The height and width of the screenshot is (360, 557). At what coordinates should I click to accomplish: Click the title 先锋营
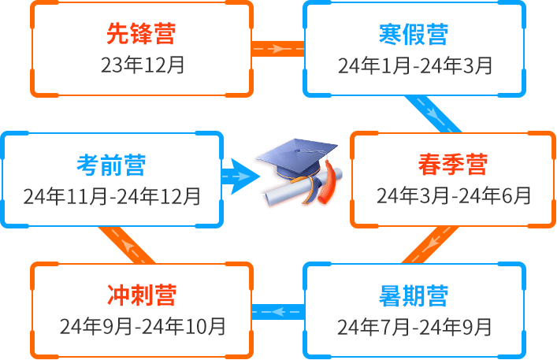[141, 34]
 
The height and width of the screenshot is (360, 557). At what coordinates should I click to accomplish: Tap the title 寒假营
[414, 35]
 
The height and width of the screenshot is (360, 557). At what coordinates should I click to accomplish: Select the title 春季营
[453, 165]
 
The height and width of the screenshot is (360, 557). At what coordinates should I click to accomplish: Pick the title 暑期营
[414, 295]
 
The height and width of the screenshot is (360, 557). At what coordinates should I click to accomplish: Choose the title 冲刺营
[142, 295]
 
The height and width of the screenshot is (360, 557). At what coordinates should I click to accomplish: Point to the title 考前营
[111, 165]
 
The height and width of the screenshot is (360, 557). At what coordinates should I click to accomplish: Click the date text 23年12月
[143, 65]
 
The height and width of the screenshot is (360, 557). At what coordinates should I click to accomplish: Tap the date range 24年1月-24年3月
[415, 65]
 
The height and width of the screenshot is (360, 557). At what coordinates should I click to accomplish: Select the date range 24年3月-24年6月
[454, 195]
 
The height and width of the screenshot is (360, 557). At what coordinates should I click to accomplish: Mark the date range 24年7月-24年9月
[414, 327]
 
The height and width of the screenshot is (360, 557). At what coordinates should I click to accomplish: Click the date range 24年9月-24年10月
[143, 326]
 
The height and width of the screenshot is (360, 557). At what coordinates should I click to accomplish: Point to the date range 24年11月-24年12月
[112, 196]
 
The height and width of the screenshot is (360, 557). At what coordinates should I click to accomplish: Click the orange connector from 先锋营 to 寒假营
[278, 49]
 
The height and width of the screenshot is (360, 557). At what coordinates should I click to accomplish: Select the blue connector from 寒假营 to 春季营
[433, 114]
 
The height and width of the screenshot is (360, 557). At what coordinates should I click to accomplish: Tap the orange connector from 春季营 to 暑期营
[430, 245]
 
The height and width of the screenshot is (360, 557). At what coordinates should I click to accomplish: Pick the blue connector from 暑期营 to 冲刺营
[278, 312]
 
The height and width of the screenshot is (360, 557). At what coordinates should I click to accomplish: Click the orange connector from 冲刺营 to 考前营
[127, 245]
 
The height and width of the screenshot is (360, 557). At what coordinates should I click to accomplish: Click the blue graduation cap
[296, 158]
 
